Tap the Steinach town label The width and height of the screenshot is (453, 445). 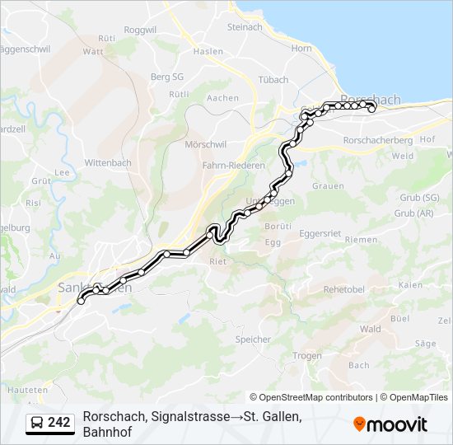pyautogui.click(x=244, y=26)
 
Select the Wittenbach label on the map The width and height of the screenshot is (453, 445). pyautogui.click(x=108, y=162)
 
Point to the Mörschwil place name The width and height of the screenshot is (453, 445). pyautogui.click(x=204, y=144)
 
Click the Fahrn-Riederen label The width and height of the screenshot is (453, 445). pyautogui.click(x=234, y=165)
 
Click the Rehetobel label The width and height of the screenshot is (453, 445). pyautogui.click(x=344, y=289)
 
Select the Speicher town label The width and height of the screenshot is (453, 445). pyautogui.click(x=253, y=339)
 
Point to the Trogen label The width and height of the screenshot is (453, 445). pyautogui.click(x=306, y=355)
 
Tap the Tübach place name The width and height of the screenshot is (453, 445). pyautogui.click(x=273, y=80)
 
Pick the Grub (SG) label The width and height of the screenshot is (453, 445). pyautogui.click(x=419, y=198)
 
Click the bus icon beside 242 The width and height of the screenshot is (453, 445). pyautogui.click(x=37, y=423)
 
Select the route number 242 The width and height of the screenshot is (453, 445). pyautogui.click(x=58, y=423)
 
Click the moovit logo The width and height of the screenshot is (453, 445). pyautogui.click(x=390, y=424)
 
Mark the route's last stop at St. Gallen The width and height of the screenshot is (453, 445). pyautogui.click(x=81, y=302)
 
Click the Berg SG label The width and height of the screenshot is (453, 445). pyautogui.click(x=166, y=77)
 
